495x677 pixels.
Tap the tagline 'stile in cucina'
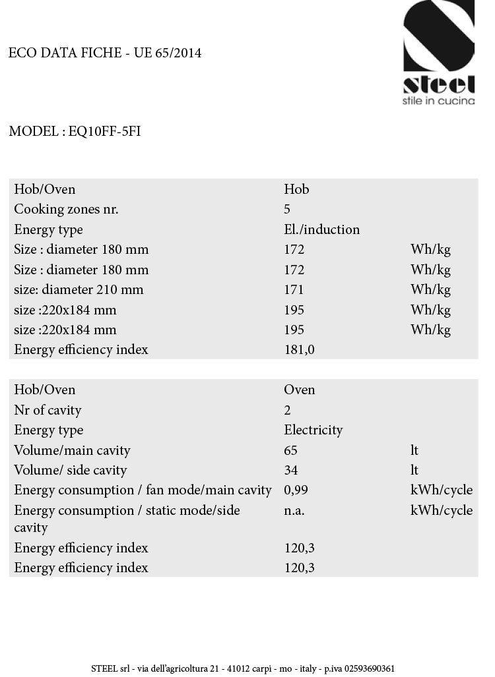coord(439,101)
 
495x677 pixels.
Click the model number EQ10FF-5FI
coord(104,131)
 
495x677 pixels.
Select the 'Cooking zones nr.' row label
coord(66,210)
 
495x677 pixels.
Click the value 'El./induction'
coord(321,229)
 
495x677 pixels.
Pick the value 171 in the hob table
coord(294,289)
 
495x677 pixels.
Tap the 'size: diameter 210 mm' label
coord(79,289)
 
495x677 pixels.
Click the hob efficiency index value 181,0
coord(299,349)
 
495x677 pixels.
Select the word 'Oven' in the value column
coord(299,390)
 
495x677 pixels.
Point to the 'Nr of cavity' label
coord(48,410)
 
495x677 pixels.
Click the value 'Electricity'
coord(313,430)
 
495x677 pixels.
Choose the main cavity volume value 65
coord(290,450)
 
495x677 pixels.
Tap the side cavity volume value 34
coord(290,470)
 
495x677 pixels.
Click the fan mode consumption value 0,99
coord(296,490)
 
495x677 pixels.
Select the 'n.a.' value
coord(294,510)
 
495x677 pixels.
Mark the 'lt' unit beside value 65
coord(414,450)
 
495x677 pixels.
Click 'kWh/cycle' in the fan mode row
coord(441,490)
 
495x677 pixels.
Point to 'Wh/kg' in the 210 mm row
coord(430,289)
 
